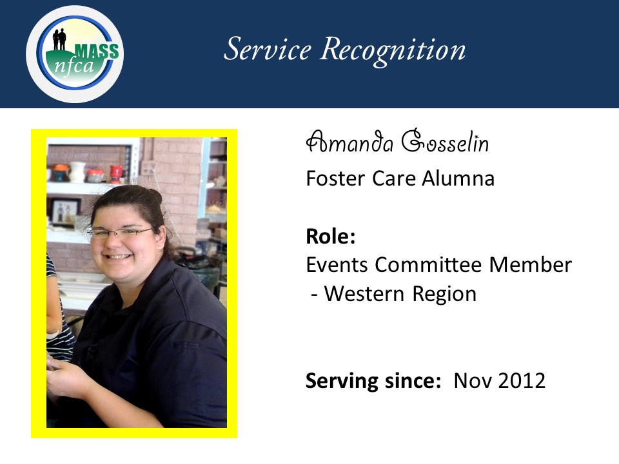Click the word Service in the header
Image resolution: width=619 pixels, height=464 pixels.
(x=268, y=50)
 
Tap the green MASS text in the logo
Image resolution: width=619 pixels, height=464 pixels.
(x=97, y=52)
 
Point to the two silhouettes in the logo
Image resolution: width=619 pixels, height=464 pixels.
(x=59, y=39)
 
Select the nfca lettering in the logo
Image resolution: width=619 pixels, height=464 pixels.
(x=74, y=64)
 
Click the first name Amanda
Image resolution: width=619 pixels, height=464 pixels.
(x=349, y=142)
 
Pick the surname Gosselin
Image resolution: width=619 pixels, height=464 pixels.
(x=445, y=140)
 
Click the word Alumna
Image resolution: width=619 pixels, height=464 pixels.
(x=458, y=179)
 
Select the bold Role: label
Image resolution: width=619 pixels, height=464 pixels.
(x=331, y=237)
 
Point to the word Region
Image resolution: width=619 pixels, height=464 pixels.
(x=444, y=295)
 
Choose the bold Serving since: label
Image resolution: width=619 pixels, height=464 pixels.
(x=373, y=381)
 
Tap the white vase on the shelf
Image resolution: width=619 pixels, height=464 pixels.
(x=77, y=172)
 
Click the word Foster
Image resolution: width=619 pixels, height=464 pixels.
(x=335, y=179)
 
